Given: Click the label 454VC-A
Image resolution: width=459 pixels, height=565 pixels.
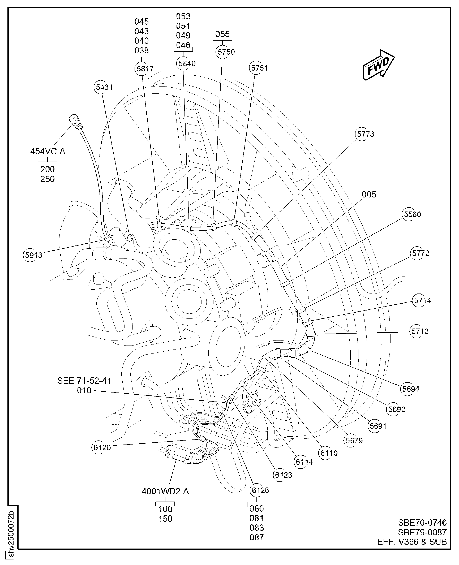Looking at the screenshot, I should click(48, 152).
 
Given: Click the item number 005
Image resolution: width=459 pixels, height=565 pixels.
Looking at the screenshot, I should click(369, 195).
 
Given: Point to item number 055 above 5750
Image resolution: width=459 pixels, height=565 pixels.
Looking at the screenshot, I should click(222, 34).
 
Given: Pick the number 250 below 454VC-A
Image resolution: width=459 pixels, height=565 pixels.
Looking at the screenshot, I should click(47, 179).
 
